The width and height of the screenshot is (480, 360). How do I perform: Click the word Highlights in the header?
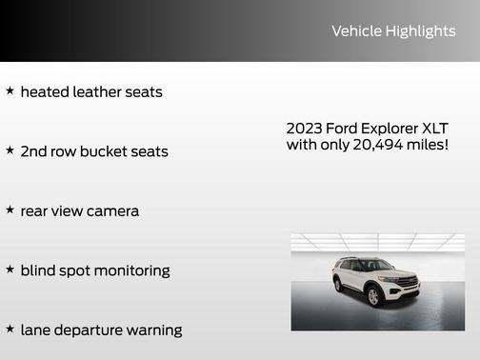pyautogui.click(x=420, y=31)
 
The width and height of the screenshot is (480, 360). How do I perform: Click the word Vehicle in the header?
pyautogui.click(x=355, y=31)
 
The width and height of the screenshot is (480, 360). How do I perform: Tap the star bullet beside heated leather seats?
pyautogui.click(x=10, y=91)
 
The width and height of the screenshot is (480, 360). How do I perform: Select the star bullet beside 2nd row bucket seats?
pyautogui.click(x=10, y=150)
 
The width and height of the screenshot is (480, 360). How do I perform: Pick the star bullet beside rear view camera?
pyautogui.click(x=10, y=210)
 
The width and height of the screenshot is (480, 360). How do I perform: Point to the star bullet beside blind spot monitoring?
pyautogui.click(x=10, y=270)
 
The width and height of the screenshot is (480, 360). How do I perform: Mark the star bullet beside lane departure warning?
pyautogui.click(x=10, y=329)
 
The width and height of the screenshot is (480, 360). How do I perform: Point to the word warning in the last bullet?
pyautogui.click(x=151, y=330)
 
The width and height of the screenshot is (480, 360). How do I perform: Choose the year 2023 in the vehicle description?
pyautogui.click(x=304, y=128)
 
